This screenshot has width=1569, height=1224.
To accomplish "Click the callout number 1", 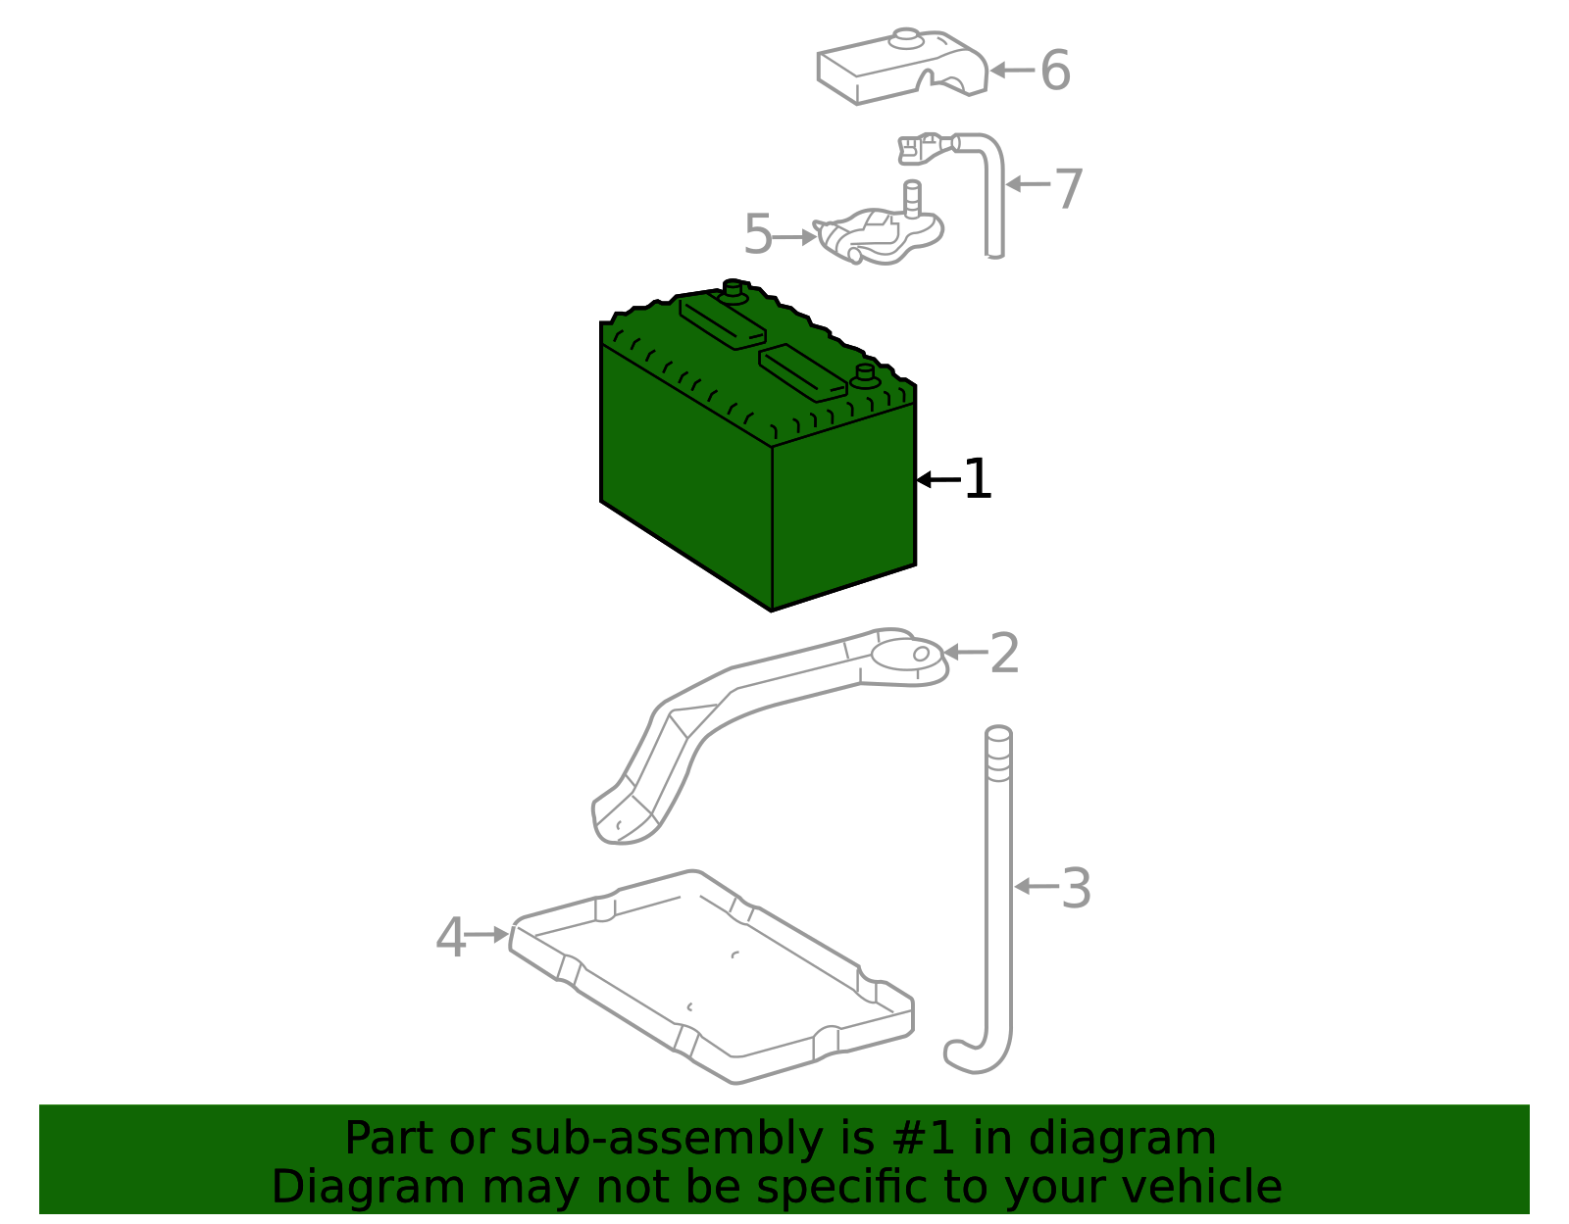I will tap(978, 480).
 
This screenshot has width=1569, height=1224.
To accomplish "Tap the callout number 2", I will tap(1004, 654).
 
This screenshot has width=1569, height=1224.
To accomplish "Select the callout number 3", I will tap(1076, 889).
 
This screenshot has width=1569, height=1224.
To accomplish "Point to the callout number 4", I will tap(450, 938).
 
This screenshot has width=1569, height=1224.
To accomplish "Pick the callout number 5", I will tap(758, 235).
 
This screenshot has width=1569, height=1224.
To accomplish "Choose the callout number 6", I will tap(1055, 72).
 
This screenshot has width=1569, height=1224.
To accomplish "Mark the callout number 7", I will tap(1068, 188).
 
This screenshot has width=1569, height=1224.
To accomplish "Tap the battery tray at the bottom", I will tap(711, 980).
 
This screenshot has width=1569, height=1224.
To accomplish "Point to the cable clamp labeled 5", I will tap(878, 235).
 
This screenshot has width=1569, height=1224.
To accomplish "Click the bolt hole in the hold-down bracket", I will tap(921, 654).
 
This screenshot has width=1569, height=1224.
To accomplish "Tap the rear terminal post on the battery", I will tap(733, 289).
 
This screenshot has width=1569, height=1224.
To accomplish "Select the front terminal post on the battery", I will tap(864, 375).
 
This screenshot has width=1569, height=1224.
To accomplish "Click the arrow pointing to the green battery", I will tap(936, 479).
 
